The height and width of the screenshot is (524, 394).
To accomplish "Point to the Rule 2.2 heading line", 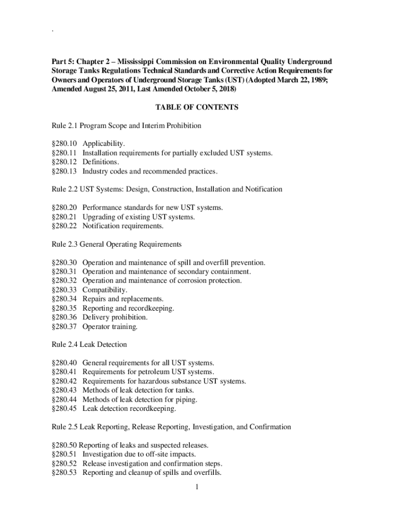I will coord(167,189).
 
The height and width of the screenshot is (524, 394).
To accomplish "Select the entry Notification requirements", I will coord(123,226).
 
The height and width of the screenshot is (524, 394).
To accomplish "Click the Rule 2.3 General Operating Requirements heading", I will coord(117,244).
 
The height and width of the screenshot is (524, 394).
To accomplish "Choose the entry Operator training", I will coord(110,326).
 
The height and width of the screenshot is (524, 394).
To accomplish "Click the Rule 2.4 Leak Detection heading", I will coord(89,344).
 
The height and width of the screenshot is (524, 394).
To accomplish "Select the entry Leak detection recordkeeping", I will coord(129,409).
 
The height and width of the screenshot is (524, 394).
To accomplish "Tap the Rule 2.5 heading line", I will coord(171,427).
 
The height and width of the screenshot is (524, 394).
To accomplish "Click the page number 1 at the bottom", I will coord(196,487).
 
